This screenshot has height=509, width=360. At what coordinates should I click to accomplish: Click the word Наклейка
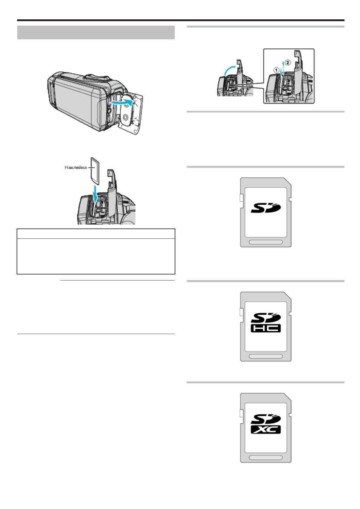[x=76, y=167]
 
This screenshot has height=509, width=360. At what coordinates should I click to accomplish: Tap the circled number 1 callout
[x=276, y=69]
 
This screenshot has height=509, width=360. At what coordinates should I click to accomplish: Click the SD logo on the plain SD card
[x=266, y=208]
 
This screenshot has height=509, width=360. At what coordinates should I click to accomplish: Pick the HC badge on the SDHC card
[x=266, y=328]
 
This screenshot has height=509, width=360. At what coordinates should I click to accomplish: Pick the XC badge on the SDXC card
[x=266, y=430]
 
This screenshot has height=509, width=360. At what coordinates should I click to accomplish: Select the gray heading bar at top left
[x=96, y=33]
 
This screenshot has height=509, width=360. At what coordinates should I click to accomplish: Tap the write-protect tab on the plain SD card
[x=241, y=198]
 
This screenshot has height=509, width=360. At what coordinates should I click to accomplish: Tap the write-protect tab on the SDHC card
[x=241, y=312]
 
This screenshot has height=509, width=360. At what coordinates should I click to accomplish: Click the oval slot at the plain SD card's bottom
[x=266, y=242]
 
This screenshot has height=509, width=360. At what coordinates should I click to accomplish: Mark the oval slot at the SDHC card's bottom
[x=266, y=356]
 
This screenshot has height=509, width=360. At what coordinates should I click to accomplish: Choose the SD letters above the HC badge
[x=266, y=318]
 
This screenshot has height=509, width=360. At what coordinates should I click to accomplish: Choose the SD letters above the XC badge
[x=266, y=419]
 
